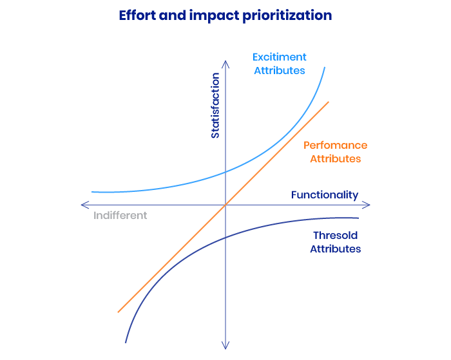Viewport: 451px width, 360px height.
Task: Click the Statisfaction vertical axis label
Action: [215, 106]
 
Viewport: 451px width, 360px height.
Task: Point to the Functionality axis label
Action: [325, 195]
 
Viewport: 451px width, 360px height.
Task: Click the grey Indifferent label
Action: [120, 215]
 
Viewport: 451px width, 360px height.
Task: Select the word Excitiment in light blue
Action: [279, 57]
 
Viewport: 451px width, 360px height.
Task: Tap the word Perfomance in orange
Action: [336, 145]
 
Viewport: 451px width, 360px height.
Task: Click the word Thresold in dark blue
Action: [336, 235]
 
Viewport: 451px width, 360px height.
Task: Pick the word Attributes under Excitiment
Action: [279, 70]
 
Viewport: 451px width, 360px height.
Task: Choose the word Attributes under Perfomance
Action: [336, 158]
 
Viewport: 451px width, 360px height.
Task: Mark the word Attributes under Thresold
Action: [336, 249]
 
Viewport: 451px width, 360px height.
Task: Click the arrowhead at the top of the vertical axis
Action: [225, 61]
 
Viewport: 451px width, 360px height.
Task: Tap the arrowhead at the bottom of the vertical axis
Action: [225, 349]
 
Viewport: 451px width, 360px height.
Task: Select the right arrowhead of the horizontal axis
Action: [370, 205]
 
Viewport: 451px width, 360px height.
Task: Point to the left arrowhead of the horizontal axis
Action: [81, 205]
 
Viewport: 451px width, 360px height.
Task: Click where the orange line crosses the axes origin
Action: [225, 205]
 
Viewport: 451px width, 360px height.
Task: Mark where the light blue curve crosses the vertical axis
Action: [225, 172]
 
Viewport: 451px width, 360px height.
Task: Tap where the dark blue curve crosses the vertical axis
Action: [225, 238]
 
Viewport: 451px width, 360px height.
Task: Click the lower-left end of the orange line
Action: [118, 312]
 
